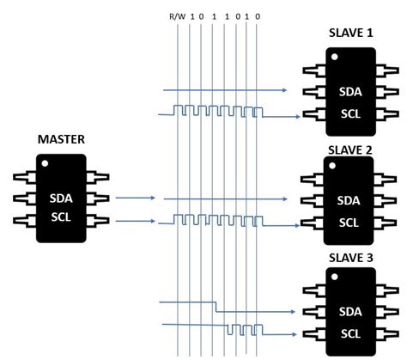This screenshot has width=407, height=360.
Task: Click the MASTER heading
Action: point(61,139)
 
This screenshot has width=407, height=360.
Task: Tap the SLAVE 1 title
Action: point(351,33)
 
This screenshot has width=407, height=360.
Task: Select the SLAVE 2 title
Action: point(350,150)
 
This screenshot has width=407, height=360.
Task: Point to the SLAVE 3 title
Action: point(351,258)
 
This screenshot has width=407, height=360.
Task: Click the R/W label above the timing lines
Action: point(178,16)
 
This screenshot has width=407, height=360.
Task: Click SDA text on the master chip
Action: point(61,198)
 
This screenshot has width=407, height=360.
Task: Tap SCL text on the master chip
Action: point(61,217)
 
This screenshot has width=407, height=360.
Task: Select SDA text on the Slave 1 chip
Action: point(350,92)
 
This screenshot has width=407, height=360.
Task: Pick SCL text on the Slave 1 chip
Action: point(350,114)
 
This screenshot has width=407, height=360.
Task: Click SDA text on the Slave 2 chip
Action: point(349,200)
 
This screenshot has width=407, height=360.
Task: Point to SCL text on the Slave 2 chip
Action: point(349,223)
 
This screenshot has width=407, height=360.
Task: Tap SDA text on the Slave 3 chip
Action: point(350,312)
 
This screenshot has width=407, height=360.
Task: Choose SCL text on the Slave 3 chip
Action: point(350,334)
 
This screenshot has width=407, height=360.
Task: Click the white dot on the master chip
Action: point(45,163)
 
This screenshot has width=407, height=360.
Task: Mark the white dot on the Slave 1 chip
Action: point(334,57)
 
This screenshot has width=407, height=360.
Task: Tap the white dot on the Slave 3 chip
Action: point(334,277)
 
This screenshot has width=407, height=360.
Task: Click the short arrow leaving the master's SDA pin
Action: point(136,198)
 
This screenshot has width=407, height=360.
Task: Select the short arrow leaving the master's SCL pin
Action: point(136,221)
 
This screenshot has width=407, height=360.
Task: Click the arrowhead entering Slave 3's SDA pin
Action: point(293,312)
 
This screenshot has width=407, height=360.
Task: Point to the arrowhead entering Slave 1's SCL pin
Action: point(298,117)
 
